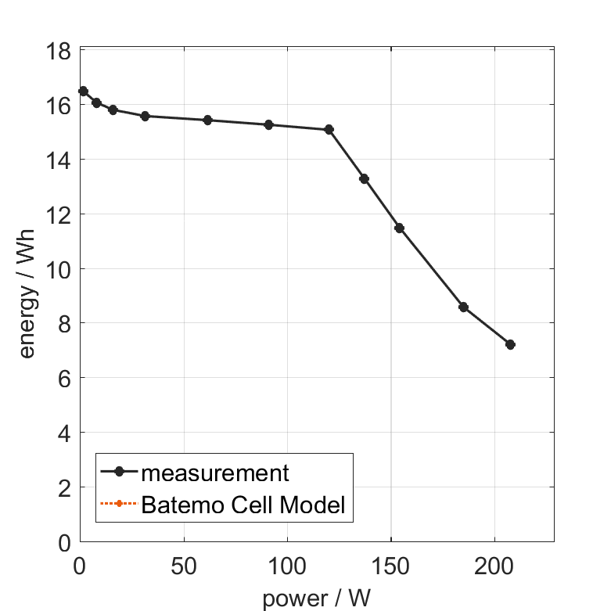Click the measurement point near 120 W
[x=329, y=129]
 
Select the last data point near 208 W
[x=510, y=344]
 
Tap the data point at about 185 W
[x=463, y=307]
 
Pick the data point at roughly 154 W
[x=399, y=228]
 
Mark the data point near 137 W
[x=364, y=178]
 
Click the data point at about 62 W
[x=207, y=120]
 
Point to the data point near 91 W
[x=268, y=124]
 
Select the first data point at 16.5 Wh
[x=84, y=91]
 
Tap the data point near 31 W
[x=145, y=116]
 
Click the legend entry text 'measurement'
[x=215, y=473]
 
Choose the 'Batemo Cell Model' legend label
[x=243, y=505]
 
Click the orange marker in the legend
[x=119, y=504]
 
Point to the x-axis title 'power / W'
[x=315, y=598]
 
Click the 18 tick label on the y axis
[x=61, y=51]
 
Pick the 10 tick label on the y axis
[x=61, y=269]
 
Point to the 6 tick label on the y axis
[x=66, y=378]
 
